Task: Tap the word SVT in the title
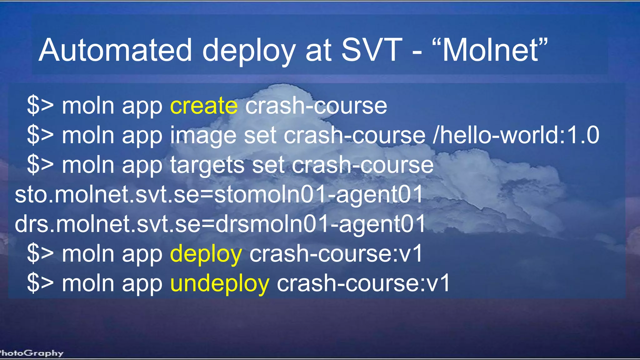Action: click(371, 50)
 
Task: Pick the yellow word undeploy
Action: click(220, 283)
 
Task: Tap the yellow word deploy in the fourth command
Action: click(206, 253)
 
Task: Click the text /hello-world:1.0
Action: click(516, 135)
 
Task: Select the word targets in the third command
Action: click(207, 165)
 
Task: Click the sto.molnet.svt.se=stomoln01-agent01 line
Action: click(219, 194)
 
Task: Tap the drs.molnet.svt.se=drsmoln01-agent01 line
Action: click(220, 224)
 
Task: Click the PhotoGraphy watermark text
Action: click(31, 353)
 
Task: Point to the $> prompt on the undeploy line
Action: click(40, 283)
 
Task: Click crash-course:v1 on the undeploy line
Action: click(363, 283)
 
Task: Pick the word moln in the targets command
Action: click(88, 165)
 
